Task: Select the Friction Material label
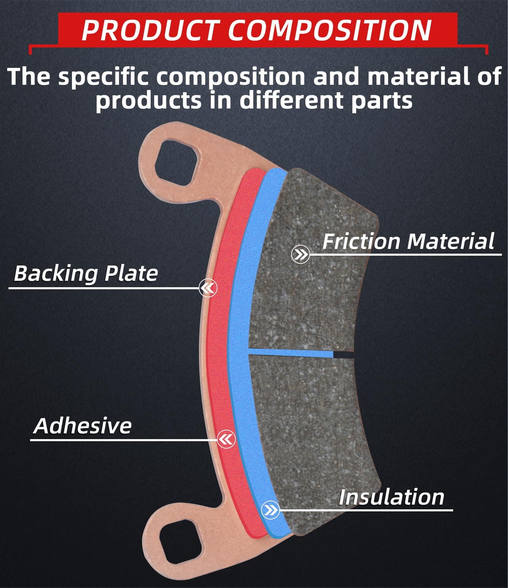pos(408,241)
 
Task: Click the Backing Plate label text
pos(86,273)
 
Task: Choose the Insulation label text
pos(391,497)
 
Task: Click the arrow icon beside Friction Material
pos(300,254)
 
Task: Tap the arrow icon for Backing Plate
pos(208,288)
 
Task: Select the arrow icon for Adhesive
pos(226,439)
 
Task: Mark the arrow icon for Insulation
pos(270,510)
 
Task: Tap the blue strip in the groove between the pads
pos(291,353)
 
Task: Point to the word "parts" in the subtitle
pos(382,101)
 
